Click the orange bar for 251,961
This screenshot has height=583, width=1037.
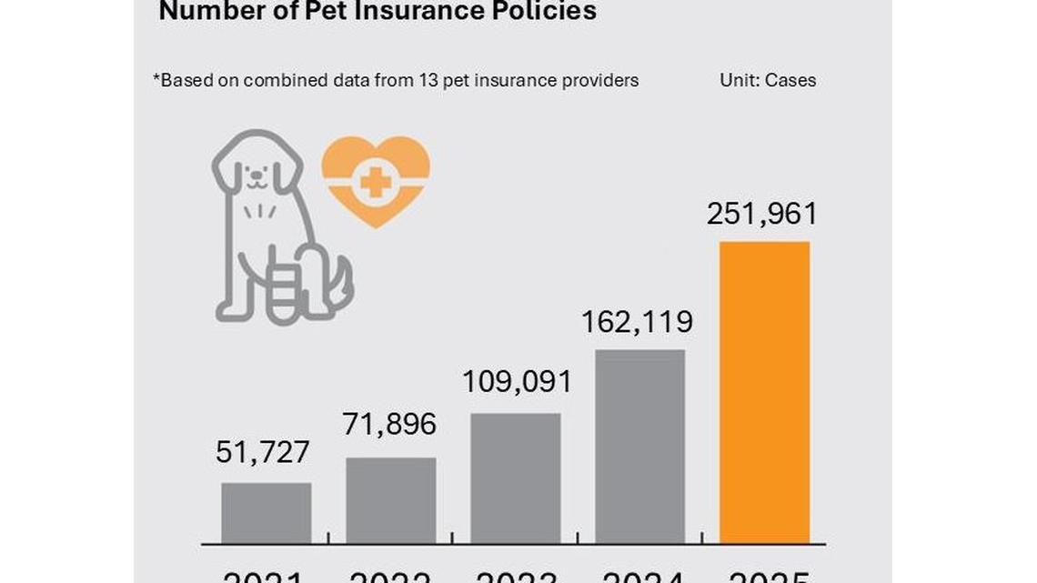point(764,392)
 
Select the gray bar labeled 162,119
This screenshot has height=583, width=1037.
point(639,447)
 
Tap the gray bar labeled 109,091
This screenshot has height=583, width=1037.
point(515,478)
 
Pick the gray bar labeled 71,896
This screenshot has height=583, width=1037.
point(391,500)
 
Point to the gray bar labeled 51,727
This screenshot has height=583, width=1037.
point(267,513)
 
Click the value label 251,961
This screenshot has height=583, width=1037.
point(762,214)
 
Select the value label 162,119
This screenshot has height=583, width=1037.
point(638,322)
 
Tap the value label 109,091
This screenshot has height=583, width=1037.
point(517,381)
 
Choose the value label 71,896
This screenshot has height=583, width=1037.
point(390,424)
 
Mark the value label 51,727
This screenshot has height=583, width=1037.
point(263,452)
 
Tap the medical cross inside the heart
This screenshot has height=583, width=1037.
point(374,183)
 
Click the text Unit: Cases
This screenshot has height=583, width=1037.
point(768,80)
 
